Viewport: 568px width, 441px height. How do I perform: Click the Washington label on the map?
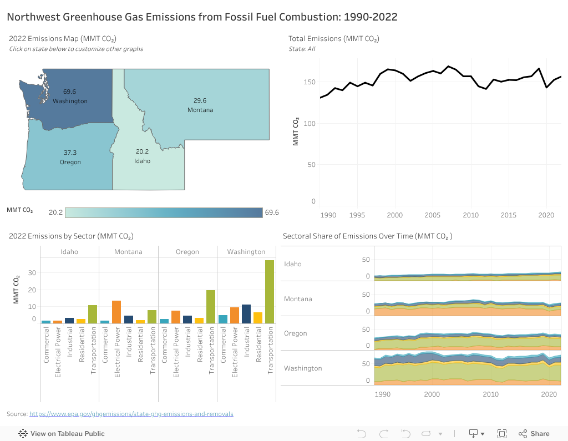(x=70, y=101)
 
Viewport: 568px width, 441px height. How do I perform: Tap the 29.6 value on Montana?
(x=200, y=100)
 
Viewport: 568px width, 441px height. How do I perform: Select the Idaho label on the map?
(x=142, y=161)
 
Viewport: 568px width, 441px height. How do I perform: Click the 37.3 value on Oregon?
(x=70, y=152)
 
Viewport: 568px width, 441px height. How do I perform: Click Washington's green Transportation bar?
(x=270, y=292)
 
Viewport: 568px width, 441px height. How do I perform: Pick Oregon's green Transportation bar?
(x=211, y=307)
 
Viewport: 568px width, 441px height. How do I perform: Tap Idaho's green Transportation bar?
(x=93, y=314)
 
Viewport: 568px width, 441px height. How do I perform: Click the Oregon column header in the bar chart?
(x=187, y=252)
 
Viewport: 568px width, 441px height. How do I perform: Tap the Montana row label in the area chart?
(x=298, y=299)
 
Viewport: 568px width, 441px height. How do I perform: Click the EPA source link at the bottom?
(x=131, y=414)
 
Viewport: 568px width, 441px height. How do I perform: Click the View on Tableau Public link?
(x=67, y=434)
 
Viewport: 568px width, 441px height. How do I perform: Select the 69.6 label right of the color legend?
(x=272, y=212)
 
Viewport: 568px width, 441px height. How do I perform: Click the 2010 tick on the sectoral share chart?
(x=490, y=394)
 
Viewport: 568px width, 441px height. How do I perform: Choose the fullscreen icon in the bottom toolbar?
(x=502, y=434)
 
